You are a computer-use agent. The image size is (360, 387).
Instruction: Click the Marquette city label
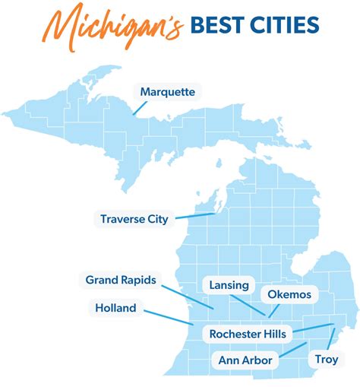pyautogui.click(x=168, y=92)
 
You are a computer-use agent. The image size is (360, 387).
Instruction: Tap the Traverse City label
pyautogui.click(x=134, y=220)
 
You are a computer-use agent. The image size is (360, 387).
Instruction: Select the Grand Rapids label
pyautogui.click(x=121, y=281)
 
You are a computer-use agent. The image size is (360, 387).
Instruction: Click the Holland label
pyautogui.click(x=116, y=308)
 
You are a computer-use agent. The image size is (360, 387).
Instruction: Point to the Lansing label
pyautogui.click(x=229, y=285)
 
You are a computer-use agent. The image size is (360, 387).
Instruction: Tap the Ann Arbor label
pyautogui.click(x=245, y=359)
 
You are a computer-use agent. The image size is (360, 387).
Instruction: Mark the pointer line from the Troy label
pyautogui.click(x=332, y=338)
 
